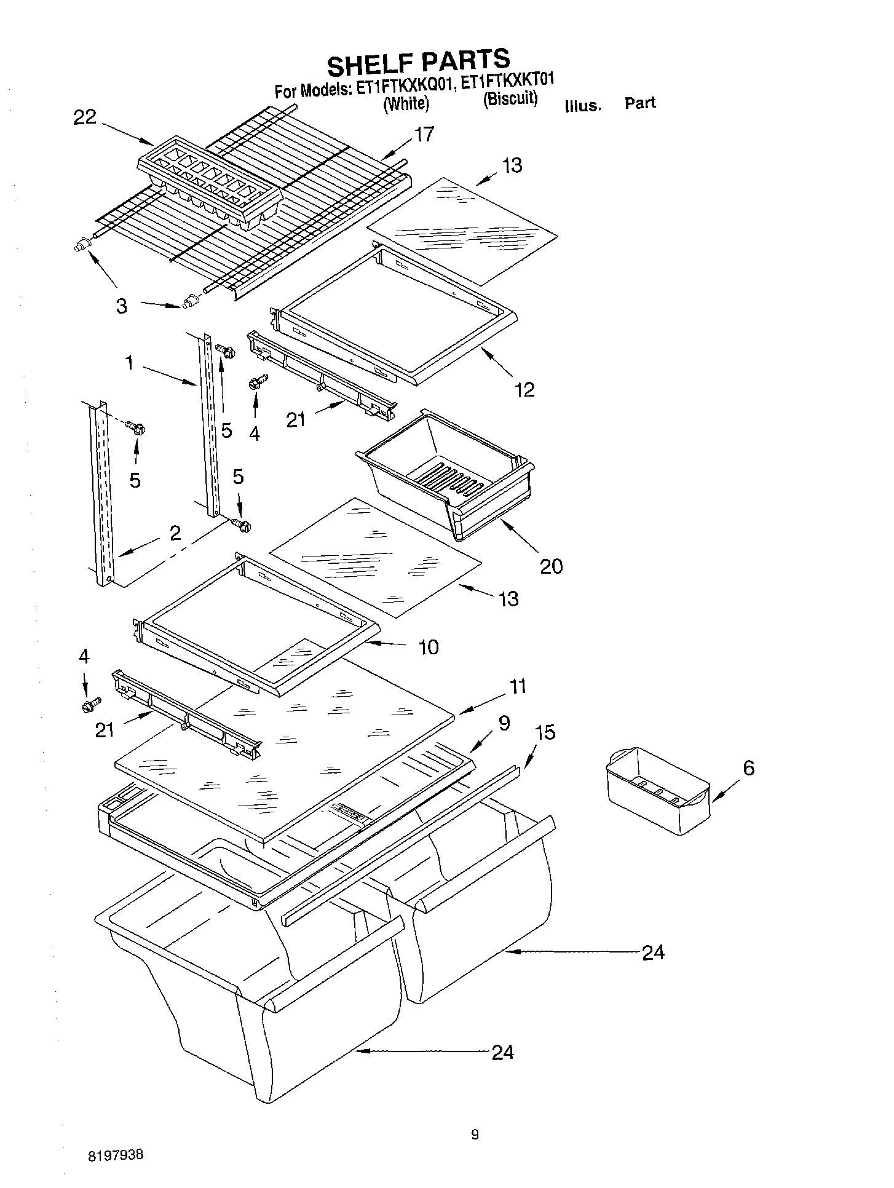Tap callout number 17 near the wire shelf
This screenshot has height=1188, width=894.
click(424, 134)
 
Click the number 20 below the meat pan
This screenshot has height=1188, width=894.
click(551, 566)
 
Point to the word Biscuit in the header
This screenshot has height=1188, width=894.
click(510, 99)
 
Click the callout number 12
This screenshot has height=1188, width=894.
click(524, 389)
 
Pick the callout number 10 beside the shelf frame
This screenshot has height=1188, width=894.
click(429, 647)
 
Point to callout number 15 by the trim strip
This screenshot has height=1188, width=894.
click(545, 732)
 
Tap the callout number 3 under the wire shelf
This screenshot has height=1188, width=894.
click(122, 306)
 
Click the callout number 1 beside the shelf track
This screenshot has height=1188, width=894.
click(130, 363)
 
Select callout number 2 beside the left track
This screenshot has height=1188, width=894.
click(175, 533)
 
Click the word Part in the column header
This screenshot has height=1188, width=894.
click(640, 103)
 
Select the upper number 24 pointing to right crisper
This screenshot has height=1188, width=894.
click(653, 952)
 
